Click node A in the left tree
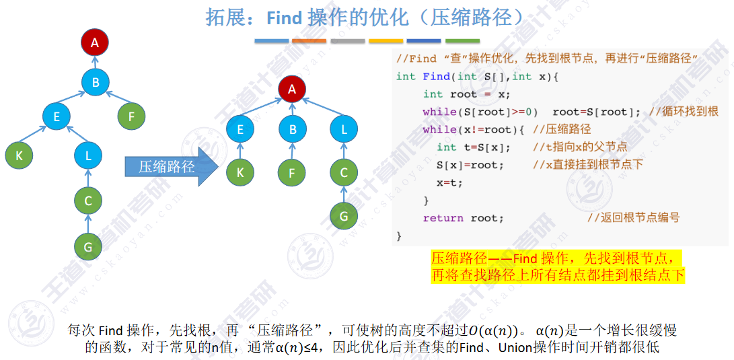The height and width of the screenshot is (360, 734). [95, 43]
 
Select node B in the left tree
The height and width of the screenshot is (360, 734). [95, 83]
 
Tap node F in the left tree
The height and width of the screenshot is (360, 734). [131, 116]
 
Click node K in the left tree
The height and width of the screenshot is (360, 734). [19, 155]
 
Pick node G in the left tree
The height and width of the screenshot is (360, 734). [87, 247]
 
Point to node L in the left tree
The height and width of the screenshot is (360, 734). [88, 155]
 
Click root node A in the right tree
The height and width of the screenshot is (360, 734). [291, 89]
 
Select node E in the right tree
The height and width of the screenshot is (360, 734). [240, 129]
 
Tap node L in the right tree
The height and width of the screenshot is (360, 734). [344, 129]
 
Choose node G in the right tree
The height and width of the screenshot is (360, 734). [344, 216]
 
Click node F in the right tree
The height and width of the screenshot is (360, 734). [291, 173]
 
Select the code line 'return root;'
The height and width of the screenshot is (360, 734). [463, 218]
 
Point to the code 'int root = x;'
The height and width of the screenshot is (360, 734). [466, 94]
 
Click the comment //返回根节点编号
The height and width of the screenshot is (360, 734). [633, 218]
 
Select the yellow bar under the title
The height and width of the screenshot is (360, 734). [386, 41]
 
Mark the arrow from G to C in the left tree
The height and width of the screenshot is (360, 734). [87, 223]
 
